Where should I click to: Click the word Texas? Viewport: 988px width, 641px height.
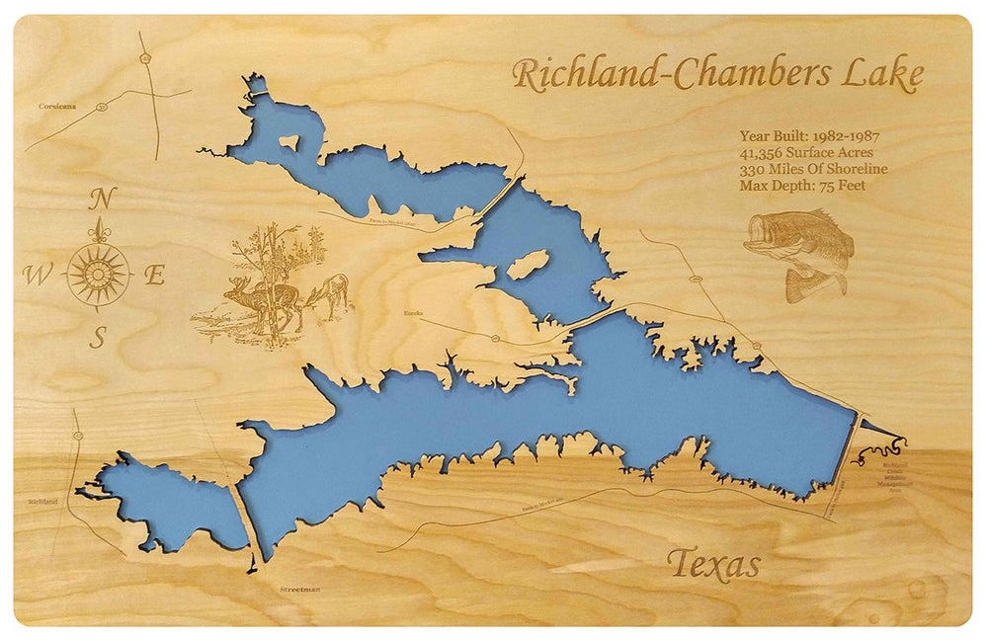point(713,564)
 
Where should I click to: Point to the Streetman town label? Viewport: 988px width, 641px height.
point(299,590)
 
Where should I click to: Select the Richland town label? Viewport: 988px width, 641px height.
point(41,502)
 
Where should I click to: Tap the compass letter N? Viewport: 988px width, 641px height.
point(99,200)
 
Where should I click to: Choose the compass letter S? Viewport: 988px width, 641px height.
point(98,337)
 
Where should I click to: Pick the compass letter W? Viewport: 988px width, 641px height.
point(37,276)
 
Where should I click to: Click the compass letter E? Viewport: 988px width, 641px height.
point(154,277)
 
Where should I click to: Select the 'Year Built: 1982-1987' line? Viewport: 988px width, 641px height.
point(808,137)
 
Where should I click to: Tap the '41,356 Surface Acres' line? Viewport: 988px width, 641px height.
point(805,153)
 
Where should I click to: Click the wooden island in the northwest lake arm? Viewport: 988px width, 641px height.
point(289,142)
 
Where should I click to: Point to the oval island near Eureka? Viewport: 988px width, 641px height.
point(527,263)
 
